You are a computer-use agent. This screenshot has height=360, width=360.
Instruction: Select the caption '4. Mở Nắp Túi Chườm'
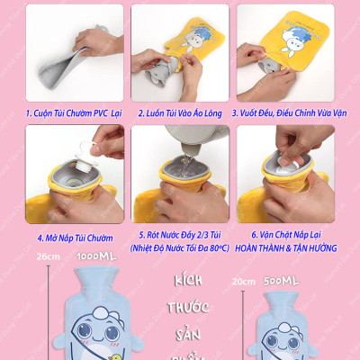(76, 238)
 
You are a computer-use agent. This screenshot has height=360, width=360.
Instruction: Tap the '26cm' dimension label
(47, 257)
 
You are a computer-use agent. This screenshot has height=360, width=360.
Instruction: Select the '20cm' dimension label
(242, 281)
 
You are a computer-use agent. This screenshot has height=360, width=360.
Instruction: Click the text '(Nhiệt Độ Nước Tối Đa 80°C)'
(179, 247)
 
